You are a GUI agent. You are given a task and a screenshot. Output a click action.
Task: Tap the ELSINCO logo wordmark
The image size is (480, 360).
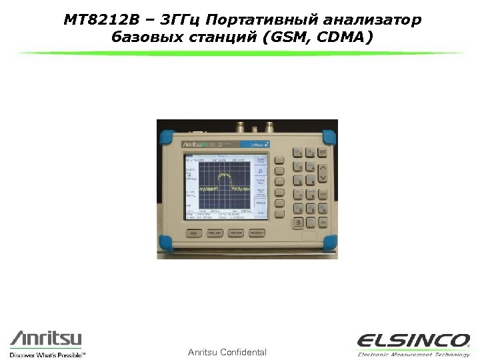(413, 340)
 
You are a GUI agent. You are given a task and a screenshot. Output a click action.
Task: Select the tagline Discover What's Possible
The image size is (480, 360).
(48, 355)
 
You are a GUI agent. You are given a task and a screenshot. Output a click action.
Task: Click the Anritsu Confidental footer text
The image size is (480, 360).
(227, 352)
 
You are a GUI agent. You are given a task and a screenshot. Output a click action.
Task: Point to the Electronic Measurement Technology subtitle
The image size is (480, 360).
(413, 355)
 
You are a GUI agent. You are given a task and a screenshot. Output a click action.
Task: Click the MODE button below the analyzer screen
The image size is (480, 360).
(193, 233)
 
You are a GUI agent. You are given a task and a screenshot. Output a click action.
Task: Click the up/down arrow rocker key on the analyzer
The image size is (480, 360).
(323, 175)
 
